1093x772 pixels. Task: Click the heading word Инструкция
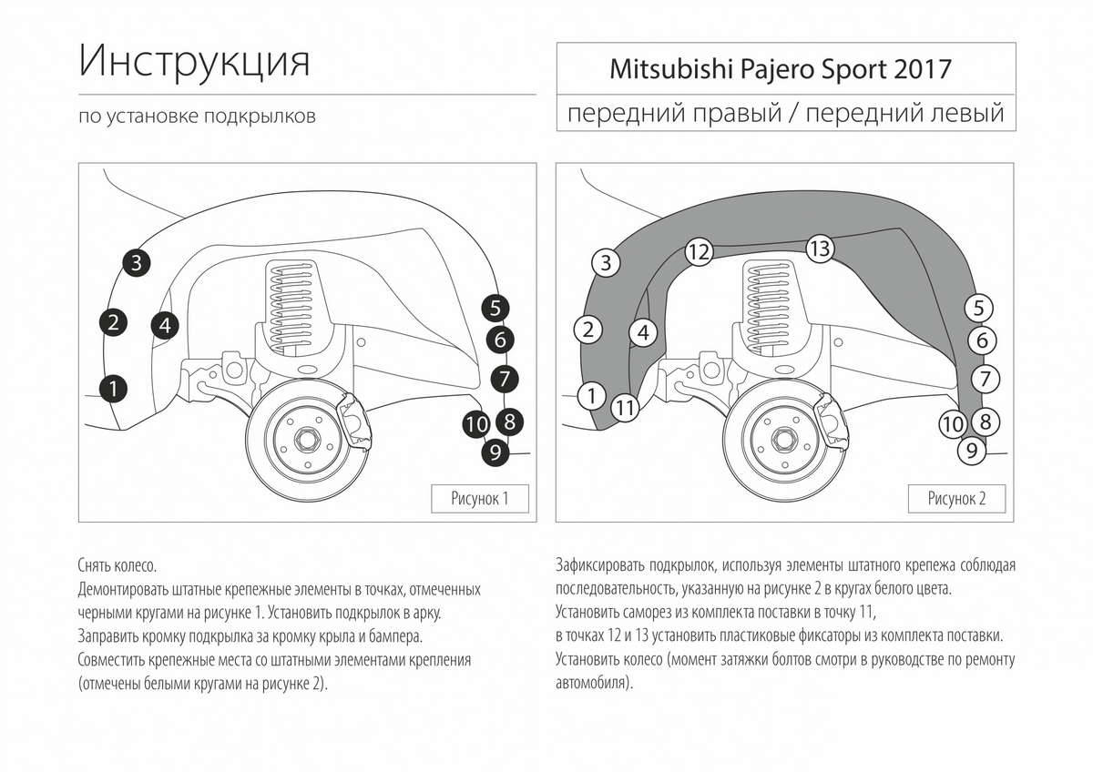coord(195,62)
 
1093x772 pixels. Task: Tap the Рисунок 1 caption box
coord(479,498)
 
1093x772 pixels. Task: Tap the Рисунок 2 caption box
coord(956,498)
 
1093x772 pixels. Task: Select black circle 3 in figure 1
coord(136,264)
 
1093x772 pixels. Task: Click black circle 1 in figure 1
coord(112,389)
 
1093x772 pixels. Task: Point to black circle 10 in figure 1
coord(475,424)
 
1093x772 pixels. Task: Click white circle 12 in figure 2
coord(698,252)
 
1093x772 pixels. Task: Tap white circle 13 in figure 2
coord(820,248)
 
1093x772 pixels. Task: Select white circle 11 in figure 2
coord(624,408)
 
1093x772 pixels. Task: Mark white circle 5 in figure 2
coord(979,309)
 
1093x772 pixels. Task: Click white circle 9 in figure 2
coord(972,450)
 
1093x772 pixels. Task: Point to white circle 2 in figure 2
coord(588,330)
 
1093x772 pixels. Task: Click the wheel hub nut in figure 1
coord(307,442)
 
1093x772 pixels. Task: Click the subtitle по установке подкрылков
coord(198,117)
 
